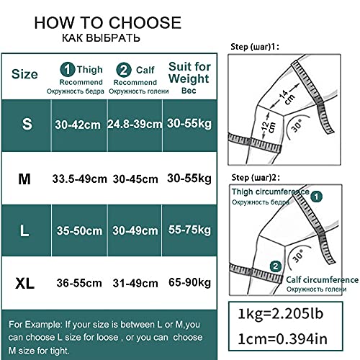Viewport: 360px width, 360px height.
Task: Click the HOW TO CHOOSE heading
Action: click(108, 23)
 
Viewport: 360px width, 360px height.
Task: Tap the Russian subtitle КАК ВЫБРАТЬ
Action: click(101, 38)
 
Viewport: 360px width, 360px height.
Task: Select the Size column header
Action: click(24, 74)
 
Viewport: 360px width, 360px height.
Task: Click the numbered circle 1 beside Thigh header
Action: click(68, 70)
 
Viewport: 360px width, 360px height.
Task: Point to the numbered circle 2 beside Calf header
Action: click(124, 70)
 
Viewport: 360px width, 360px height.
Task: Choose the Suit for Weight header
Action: click(189, 73)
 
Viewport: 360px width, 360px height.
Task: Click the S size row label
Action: click(27, 124)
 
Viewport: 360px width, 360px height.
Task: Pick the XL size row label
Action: click(24, 284)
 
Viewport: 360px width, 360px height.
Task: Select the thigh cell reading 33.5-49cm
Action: click(79, 179)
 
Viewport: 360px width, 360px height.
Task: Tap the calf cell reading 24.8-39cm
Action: click(135, 125)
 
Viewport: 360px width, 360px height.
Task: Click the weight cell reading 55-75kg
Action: click(189, 230)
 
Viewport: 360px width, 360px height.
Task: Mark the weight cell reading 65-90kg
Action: click(189, 282)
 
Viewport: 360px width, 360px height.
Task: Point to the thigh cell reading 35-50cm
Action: click(79, 231)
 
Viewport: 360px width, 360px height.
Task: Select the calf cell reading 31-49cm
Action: click(135, 284)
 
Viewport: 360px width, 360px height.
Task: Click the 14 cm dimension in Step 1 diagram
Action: click(287, 96)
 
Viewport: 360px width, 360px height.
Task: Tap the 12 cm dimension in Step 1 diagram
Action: click(268, 127)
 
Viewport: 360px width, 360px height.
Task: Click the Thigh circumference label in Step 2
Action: click(271, 192)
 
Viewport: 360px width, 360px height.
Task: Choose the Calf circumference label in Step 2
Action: click(323, 280)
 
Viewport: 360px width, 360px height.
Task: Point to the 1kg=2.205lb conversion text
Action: click(281, 314)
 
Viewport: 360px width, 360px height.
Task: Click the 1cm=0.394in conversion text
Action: click(282, 339)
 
